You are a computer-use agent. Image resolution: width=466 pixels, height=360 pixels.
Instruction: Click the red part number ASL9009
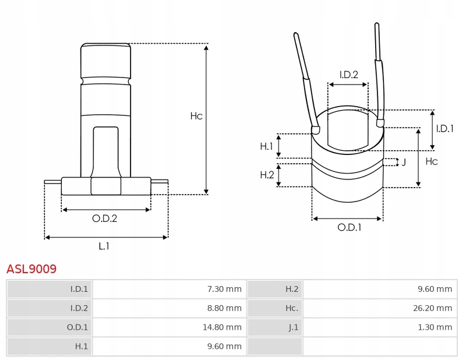click(x=31, y=269)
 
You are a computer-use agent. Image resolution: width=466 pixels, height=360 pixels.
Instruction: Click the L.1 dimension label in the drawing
click(x=104, y=246)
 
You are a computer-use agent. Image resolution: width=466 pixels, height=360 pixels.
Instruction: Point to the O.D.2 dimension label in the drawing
click(x=105, y=218)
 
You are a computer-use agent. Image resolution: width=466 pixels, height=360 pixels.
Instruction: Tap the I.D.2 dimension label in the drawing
click(x=348, y=74)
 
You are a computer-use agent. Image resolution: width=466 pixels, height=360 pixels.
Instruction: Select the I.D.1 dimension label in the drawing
click(x=444, y=129)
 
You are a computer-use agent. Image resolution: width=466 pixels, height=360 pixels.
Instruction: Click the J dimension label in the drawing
click(x=404, y=162)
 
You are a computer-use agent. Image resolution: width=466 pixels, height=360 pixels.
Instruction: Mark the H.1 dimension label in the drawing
click(x=266, y=146)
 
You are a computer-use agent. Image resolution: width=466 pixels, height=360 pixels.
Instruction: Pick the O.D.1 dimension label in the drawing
click(x=349, y=228)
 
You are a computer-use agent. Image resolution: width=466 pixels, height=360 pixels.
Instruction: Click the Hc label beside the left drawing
click(x=196, y=116)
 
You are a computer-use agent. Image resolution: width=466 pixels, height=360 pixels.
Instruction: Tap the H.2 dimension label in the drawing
click(x=266, y=175)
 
